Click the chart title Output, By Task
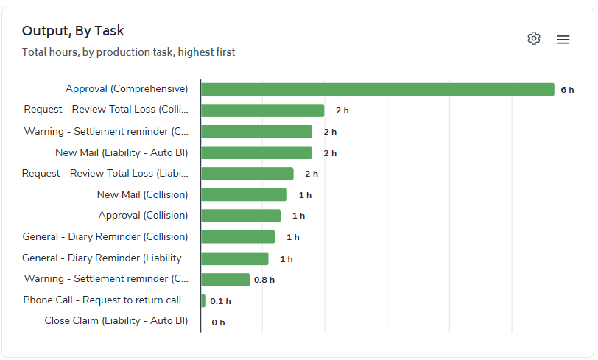73,31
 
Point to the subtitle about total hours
128,52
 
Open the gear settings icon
534,38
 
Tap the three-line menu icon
563,40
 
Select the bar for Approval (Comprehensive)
377,89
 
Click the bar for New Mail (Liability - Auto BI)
256,152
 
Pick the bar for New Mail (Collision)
244,195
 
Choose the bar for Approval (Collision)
241,216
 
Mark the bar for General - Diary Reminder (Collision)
238,237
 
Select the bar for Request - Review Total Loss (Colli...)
262,110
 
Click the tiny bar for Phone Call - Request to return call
203,300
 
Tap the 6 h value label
567,90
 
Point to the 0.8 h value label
264,280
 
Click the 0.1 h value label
220,301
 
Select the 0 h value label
218,322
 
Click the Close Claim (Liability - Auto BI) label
116,321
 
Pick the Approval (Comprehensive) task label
127,89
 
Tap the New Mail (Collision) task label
142,195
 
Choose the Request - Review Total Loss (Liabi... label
105,174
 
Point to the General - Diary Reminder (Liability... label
105,258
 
